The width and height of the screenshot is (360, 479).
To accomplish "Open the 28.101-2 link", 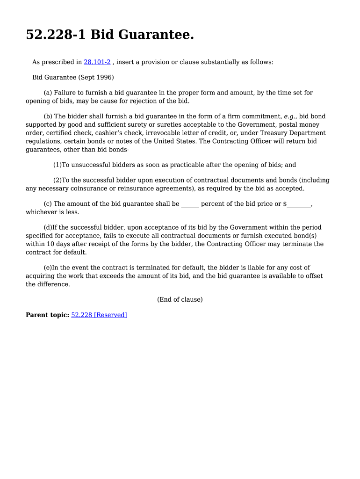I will pos(97,62).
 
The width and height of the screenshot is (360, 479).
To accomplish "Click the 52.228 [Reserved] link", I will pos(99,315).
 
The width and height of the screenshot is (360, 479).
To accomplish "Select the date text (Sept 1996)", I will pos(96,77).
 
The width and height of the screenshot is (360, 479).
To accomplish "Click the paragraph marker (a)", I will pos(48,93).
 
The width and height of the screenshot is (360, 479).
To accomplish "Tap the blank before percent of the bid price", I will pos(190,204).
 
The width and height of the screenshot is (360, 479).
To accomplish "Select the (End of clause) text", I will pos(180,299).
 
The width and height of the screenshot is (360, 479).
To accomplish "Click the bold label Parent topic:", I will pos(47,315).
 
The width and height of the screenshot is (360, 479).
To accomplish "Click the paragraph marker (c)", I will pos(48,204).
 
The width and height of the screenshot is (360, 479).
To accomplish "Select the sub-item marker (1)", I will pos(58,165).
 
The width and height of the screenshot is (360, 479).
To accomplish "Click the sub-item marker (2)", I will pos(58,180).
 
